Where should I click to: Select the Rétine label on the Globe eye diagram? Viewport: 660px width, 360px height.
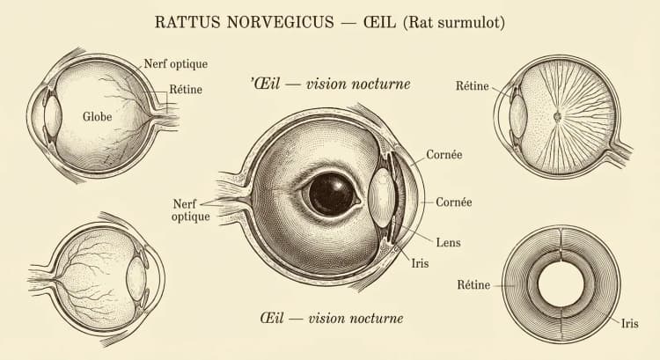click(185, 88)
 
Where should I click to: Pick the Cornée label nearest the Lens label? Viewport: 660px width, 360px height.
click(453, 202)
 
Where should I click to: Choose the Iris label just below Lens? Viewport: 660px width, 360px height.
click(422, 262)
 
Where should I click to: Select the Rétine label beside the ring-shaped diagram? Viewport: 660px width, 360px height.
click(473, 284)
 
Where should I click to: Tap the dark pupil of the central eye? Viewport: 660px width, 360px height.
click(332, 193)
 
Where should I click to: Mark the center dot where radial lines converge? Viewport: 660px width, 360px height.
click(556, 115)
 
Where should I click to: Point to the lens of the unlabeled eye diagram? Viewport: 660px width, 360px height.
click(136, 281)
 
